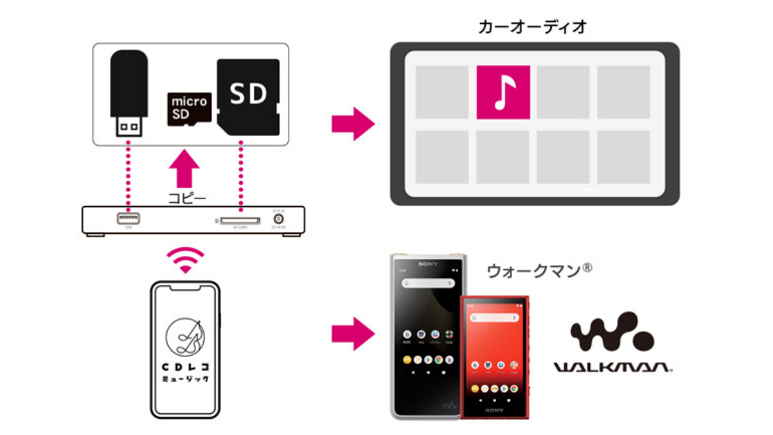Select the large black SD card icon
[249, 97]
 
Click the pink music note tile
[503, 92]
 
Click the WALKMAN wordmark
[613, 367]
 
